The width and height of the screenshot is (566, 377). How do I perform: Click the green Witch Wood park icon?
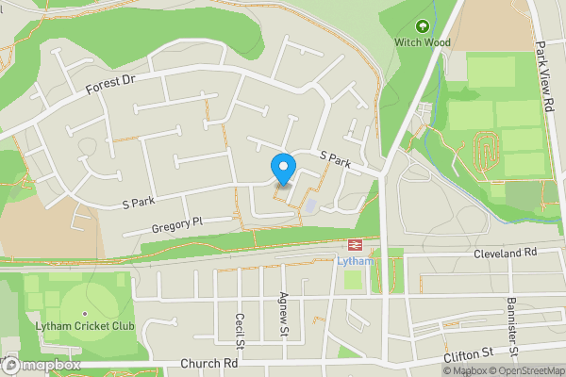[x=422, y=25]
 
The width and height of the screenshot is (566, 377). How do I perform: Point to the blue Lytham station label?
[x=356, y=261]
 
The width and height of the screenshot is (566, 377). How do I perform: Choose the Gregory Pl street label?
[x=176, y=225]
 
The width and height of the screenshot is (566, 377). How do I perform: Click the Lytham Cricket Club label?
[x=85, y=326]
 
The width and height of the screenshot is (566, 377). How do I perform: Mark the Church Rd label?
[x=210, y=364]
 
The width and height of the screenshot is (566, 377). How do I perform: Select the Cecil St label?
[x=241, y=331]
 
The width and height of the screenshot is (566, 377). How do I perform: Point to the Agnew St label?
[x=282, y=313]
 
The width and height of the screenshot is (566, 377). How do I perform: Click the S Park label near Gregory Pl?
[x=138, y=202]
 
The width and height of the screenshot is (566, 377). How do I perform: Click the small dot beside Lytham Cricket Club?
[x=85, y=313]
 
